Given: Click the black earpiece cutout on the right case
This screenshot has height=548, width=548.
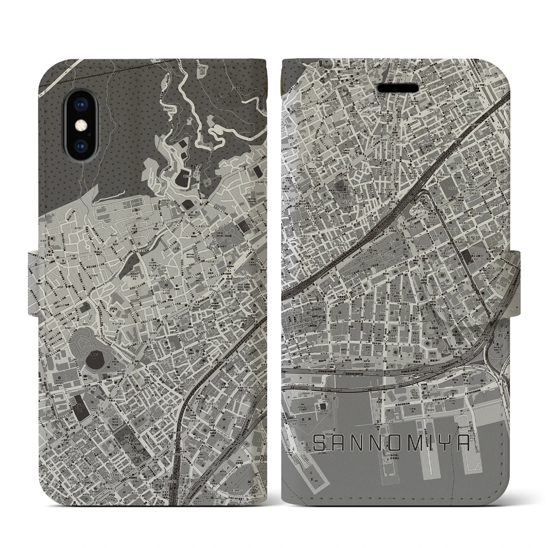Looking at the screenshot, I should [397, 88].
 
